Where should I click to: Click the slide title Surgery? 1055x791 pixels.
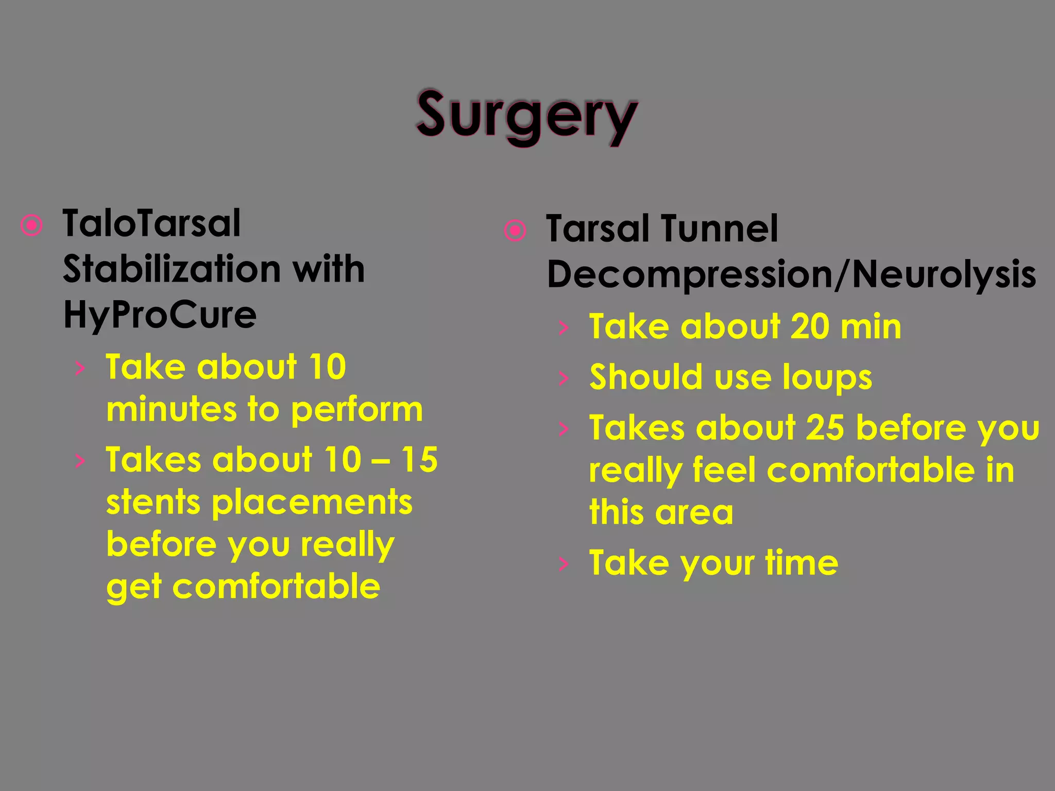tap(526, 116)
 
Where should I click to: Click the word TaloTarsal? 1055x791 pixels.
tap(151, 224)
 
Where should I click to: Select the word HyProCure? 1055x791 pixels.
tap(160, 315)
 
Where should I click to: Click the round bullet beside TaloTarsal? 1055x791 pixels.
tap(32, 225)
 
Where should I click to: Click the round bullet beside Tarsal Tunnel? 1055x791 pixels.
tap(515, 230)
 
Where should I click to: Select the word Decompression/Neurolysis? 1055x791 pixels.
tap(791, 274)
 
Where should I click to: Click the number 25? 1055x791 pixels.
tap(825, 428)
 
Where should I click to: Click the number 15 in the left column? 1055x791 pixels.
tap(419, 459)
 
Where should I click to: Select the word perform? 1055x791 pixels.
tap(356, 410)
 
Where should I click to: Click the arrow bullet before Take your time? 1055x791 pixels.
tap(564, 564)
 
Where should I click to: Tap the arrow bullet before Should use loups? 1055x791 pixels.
tap(564, 379)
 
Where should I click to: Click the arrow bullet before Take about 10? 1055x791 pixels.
tap(79, 368)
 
